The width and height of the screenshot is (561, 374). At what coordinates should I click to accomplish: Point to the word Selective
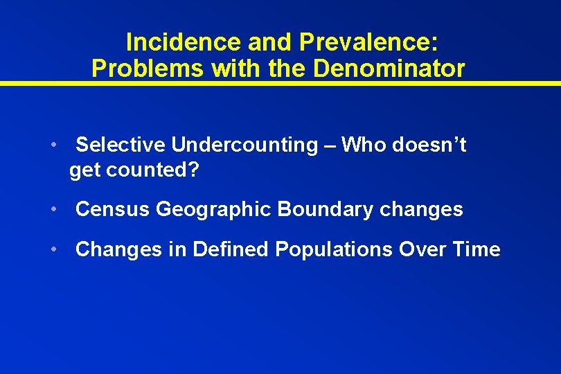pyautogui.click(x=121, y=145)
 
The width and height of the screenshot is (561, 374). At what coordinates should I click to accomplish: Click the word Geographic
pyautogui.click(x=213, y=209)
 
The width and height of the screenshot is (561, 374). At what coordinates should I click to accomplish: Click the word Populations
pyautogui.click(x=334, y=249)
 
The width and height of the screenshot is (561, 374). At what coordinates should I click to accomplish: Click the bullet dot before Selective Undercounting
pyautogui.click(x=53, y=145)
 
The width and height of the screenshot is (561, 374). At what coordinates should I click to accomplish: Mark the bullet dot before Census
pyautogui.click(x=53, y=210)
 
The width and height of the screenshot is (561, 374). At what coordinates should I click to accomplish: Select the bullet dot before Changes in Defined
pyautogui.click(x=53, y=250)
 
